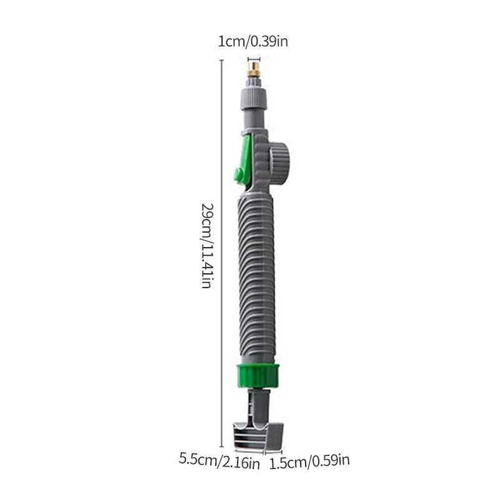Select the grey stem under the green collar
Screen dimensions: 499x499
pos(255,402)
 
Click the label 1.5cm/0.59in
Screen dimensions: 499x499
pos(309,462)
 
